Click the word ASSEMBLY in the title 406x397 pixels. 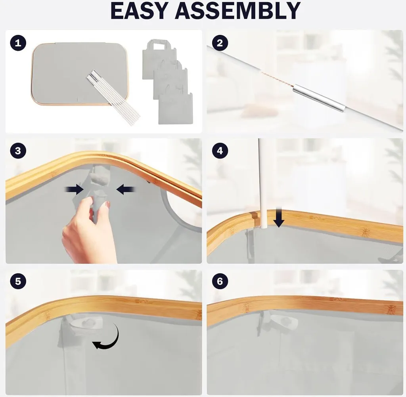tap(238, 11)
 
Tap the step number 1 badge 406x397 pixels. tap(18, 43)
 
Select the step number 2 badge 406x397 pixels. tap(220, 43)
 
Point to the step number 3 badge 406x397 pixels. tap(18, 151)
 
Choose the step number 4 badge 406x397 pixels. tap(220, 151)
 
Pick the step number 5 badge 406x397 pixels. tap(18, 281)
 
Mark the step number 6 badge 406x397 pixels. tap(220, 281)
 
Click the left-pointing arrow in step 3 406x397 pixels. tap(126, 190)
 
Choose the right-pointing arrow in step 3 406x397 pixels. tap(74, 190)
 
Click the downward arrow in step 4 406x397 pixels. tap(279, 218)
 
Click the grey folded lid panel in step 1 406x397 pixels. tap(80, 74)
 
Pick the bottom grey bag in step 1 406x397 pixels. tap(176, 109)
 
